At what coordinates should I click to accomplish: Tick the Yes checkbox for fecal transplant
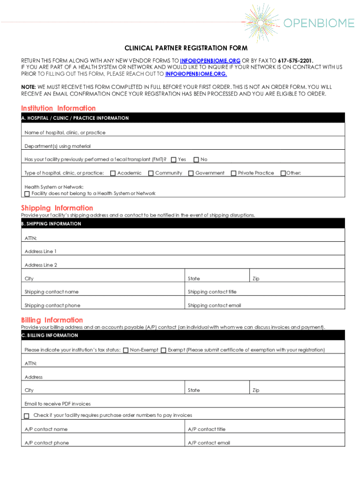pyautogui.click(x=174, y=160)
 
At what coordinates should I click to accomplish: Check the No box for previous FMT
pyautogui.click(x=196, y=160)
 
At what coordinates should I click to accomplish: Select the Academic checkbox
pyautogui.click(x=113, y=174)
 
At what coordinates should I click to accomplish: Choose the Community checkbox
pyautogui.click(x=151, y=174)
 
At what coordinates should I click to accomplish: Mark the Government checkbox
pyautogui.click(x=191, y=174)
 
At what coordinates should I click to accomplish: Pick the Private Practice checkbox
pyautogui.click(x=234, y=174)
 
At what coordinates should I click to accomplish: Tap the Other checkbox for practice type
pyautogui.click(x=282, y=174)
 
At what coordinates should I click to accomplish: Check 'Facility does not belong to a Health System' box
pyautogui.click(x=27, y=194)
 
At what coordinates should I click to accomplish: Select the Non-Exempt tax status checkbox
pyautogui.click(x=126, y=350)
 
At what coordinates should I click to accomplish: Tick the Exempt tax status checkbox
pyautogui.click(x=163, y=350)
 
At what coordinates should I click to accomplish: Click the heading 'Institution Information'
pyautogui.click(x=58, y=109)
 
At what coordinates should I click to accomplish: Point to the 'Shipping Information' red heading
pyautogui.click(x=57, y=208)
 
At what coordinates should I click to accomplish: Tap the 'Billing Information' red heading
pyautogui.click(x=52, y=320)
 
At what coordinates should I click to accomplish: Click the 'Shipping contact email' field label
pyautogui.click(x=215, y=305)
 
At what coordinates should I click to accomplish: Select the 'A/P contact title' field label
pyautogui.click(x=207, y=429)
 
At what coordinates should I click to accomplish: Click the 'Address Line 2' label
pyautogui.click(x=41, y=265)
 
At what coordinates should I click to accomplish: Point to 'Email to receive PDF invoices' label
pyautogui.click(x=58, y=404)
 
